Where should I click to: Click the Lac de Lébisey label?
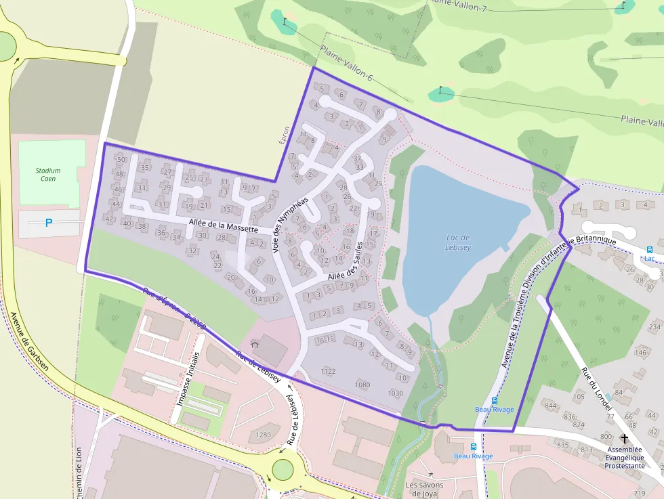(458, 242)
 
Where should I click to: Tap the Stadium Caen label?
(48, 175)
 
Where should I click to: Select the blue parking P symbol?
(48, 222)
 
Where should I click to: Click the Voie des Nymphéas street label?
(289, 225)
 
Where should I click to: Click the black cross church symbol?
(624, 438)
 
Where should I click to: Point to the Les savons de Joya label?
(424, 489)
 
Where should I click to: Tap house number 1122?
(328, 371)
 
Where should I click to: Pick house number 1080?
(362, 385)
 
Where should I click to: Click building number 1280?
(263, 435)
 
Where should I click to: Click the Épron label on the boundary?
(285, 134)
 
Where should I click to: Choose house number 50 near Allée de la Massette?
(121, 160)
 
